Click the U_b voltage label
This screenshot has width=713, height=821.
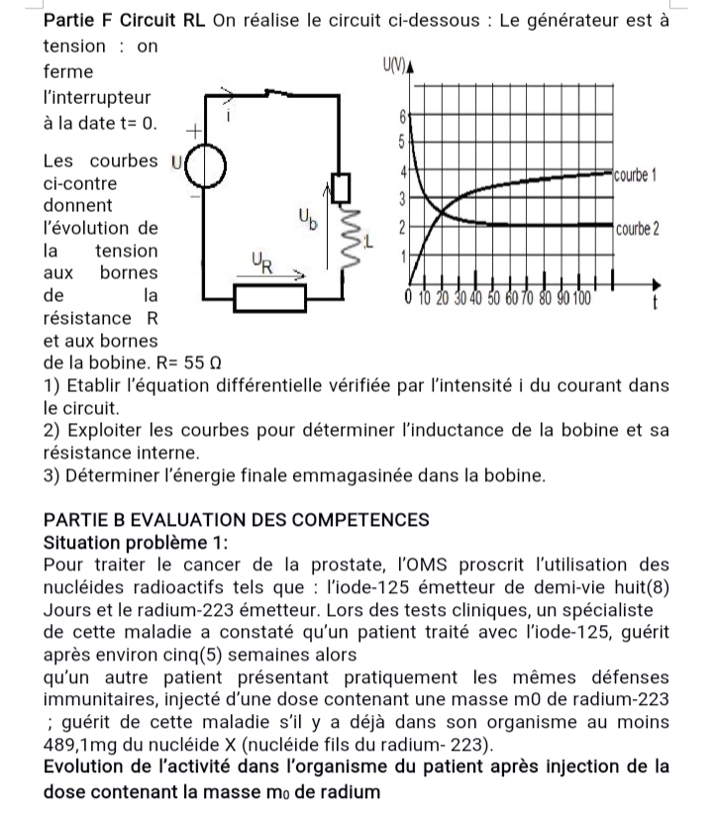pos(307,219)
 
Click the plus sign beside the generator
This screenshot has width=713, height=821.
pos(194,130)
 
